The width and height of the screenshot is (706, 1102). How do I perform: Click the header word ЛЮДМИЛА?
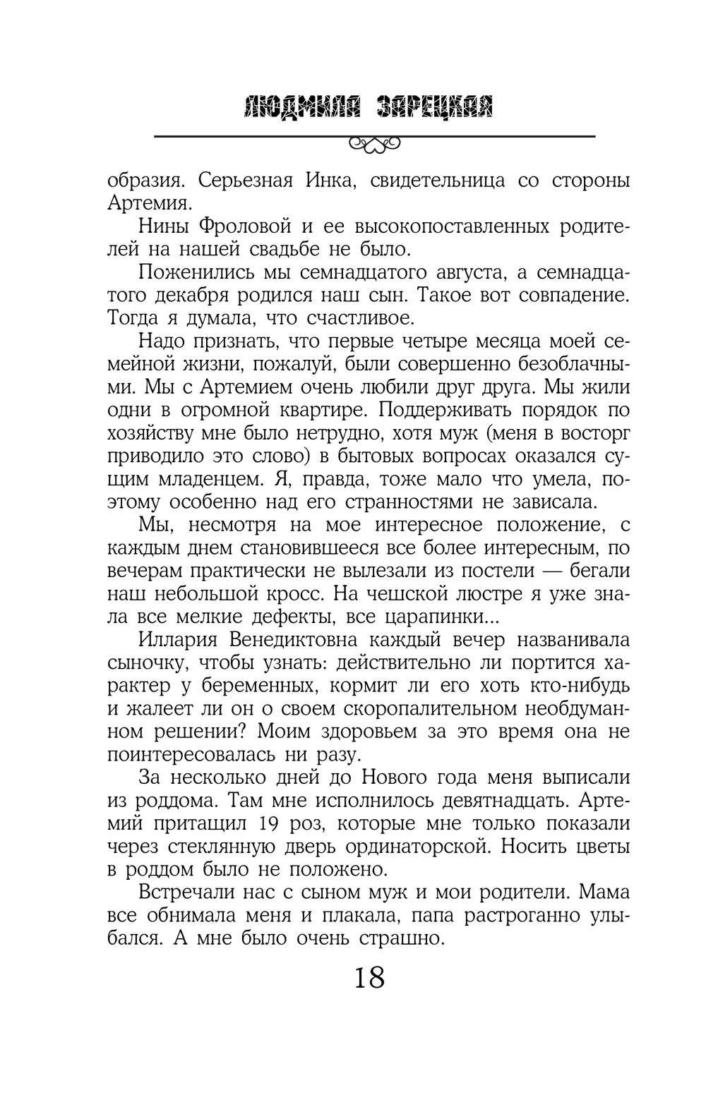(x=299, y=108)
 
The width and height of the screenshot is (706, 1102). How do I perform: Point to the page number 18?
(x=368, y=979)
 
